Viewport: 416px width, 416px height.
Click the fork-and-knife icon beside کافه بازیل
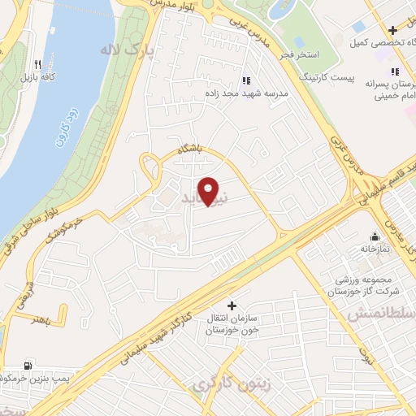pyautogui.click(x=37, y=64)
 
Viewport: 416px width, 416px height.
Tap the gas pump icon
pyautogui.click(x=29, y=366)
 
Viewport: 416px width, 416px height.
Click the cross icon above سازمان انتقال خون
pyautogui.click(x=232, y=306)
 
